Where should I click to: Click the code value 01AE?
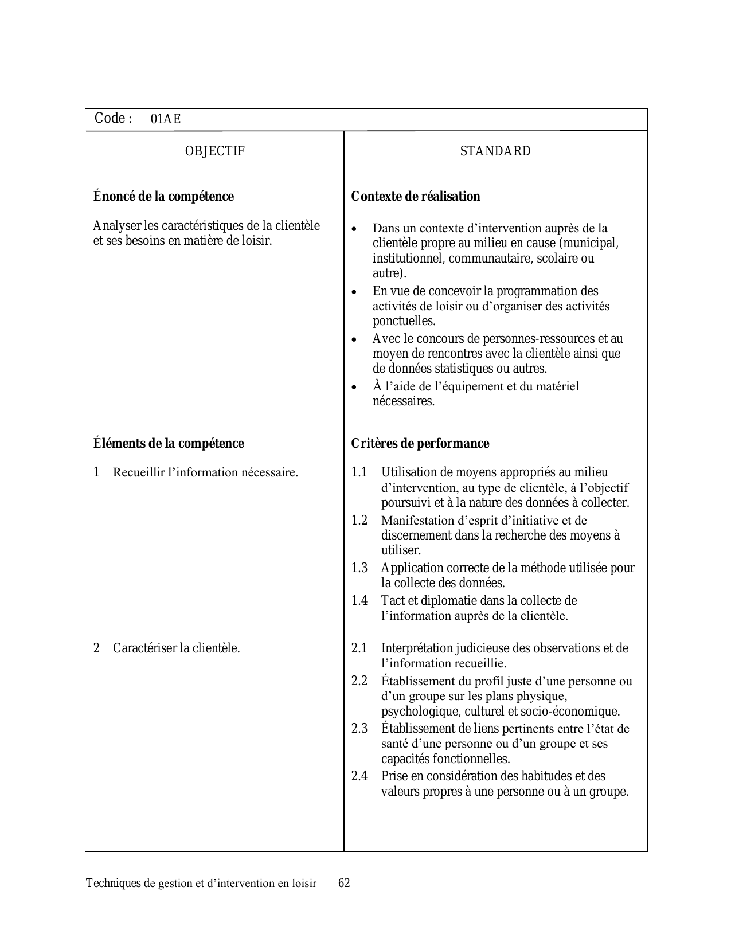pyautogui.click(x=166, y=119)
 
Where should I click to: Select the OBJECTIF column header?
pyautogui.click(x=215, y=151)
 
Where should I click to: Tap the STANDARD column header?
pyautogui.click(x=495, y=151)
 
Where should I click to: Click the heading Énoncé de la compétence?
pyautogui.click(x=163, y=197)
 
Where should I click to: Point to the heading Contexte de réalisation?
pyautogui.click(x=416, y=197)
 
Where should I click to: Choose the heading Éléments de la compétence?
pyautogui.click(x=169, y=444)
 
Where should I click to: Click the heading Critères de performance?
pyautogui.click(x=420, y=444)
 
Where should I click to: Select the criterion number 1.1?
pyautogui.click(x=359, y=472)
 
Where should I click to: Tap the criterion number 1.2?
pyautogui.click(x=359, y=521)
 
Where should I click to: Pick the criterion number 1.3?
pyautogui.click(x=359, y=568)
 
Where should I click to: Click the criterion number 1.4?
pyautogui.click(x=359, y=601)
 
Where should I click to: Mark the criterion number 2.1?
pyautogui.click(x=359, y=648)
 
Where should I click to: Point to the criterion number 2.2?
pyautogui.click(x=359, y=681)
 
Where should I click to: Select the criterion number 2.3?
pyautogui.click(x=359, y=729)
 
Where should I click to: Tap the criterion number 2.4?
pyautogui.click(x=359, y=776)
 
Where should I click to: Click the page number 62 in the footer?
pyautogui.click(x=344, y=883)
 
